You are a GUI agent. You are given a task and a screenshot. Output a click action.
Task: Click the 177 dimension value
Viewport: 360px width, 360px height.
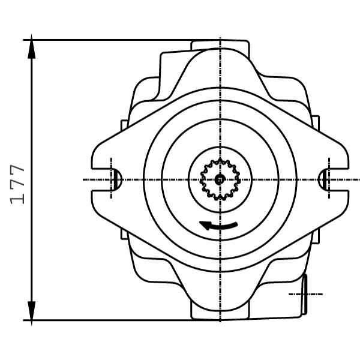pyautogui.click(x=17, y=184)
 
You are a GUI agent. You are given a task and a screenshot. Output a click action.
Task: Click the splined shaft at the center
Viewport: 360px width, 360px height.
pyautogui.click(x=220, y=179)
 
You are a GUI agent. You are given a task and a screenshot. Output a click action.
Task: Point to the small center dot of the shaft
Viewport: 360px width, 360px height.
pyautogui.click(x=220, y=179)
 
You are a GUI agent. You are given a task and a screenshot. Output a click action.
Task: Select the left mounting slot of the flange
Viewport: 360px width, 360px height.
pyautogui.click(x=107, y=179)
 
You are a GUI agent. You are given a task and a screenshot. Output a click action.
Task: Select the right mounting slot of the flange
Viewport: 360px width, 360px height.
pyautogui.click(x=334, y=179)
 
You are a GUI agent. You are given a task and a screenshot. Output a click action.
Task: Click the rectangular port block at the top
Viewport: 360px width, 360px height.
pyautogui.click(x=220, y=45)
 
